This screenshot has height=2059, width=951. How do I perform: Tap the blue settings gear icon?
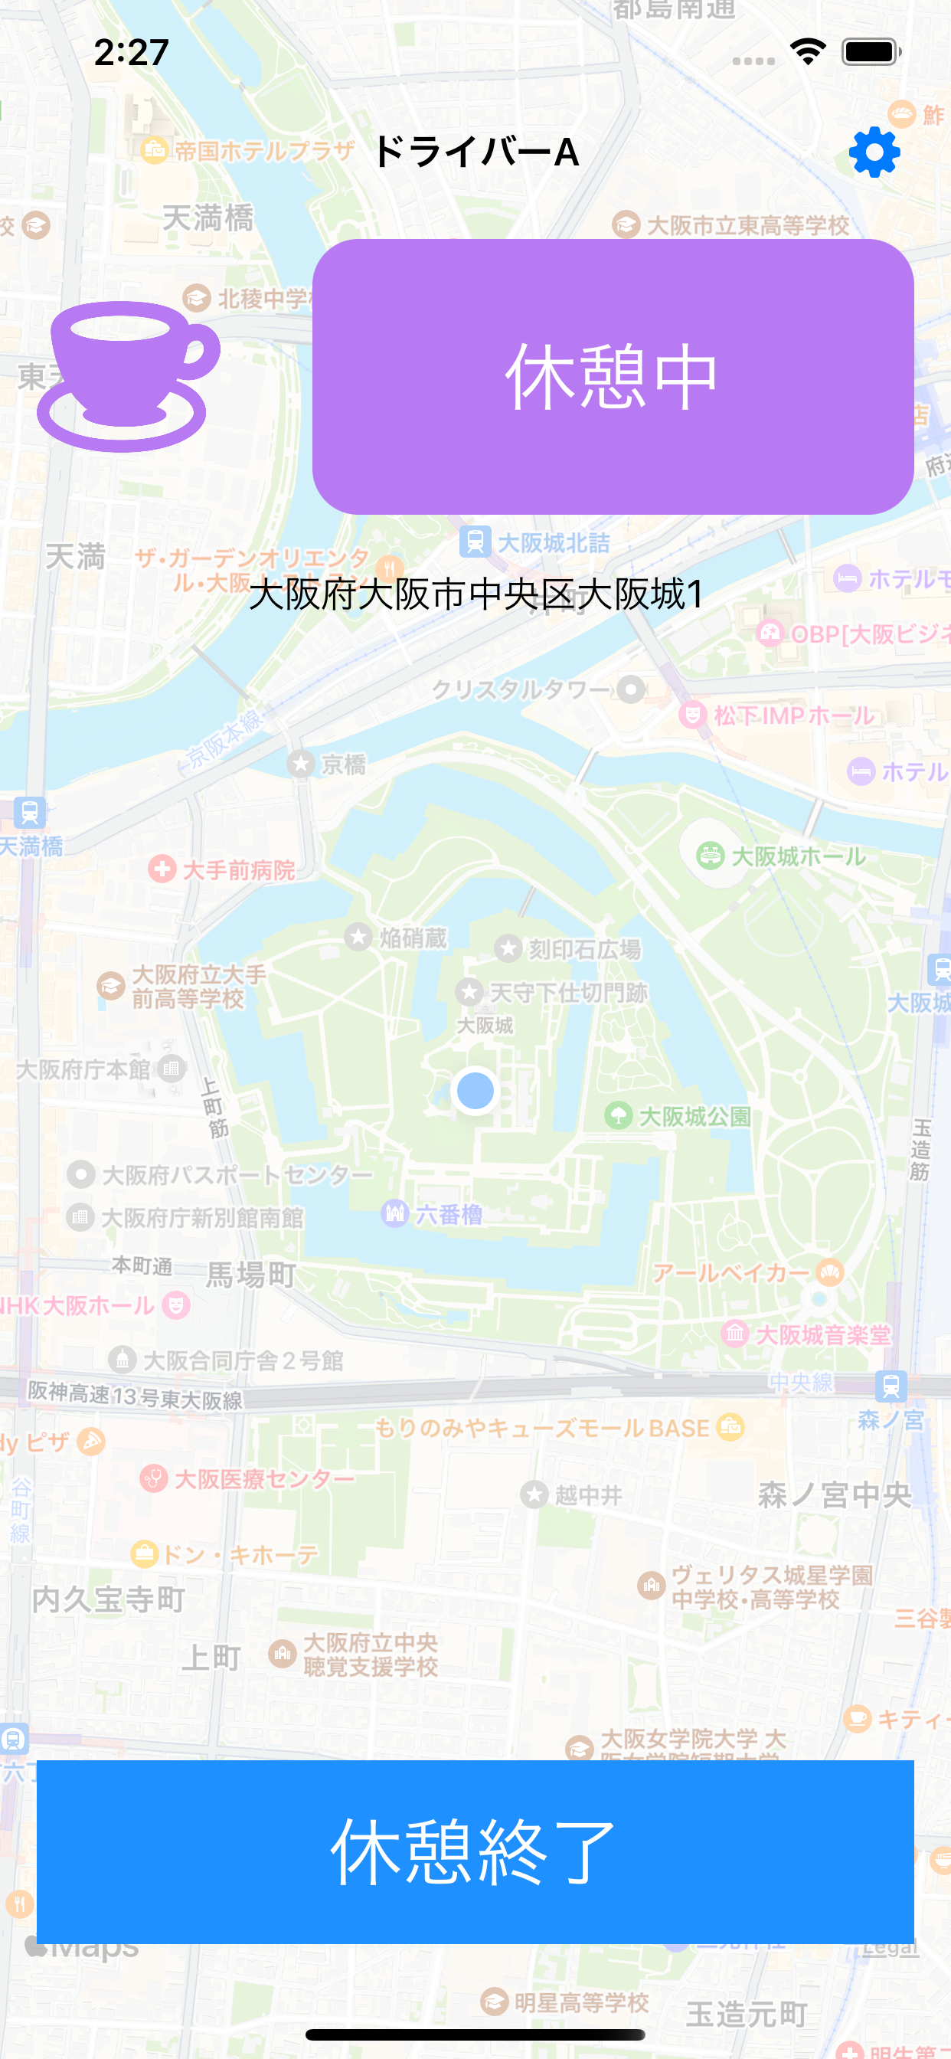tap(874, 152)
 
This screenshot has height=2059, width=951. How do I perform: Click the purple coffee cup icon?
tap(128, 375)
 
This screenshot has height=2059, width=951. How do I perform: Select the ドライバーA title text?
tap(475, 152)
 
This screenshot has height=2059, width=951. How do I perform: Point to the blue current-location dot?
tap(475, 1090)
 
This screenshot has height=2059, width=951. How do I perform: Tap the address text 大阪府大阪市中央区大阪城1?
tap(475, 594)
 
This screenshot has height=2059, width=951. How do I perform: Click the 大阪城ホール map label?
tap(798, 856)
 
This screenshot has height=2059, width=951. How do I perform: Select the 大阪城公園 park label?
tap(694, 1116)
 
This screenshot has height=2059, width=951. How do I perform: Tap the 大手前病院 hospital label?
tap(238, 869)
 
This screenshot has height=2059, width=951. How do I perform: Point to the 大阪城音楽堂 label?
tap(822, 1334)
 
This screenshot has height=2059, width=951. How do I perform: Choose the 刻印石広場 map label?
tap(583, 949)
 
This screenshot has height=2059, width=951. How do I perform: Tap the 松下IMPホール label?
tap(792, 715)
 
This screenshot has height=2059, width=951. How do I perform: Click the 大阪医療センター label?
tap(263, 1478)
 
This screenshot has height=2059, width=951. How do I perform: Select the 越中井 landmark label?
tap(587, 1494)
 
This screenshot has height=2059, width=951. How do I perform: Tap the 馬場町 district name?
tap(251, 1275)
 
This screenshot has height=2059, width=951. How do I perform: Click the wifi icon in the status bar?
tap(808, 52)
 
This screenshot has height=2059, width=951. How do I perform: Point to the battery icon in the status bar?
tap(871, 52)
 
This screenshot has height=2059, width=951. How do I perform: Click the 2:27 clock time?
tap(132, 53)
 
